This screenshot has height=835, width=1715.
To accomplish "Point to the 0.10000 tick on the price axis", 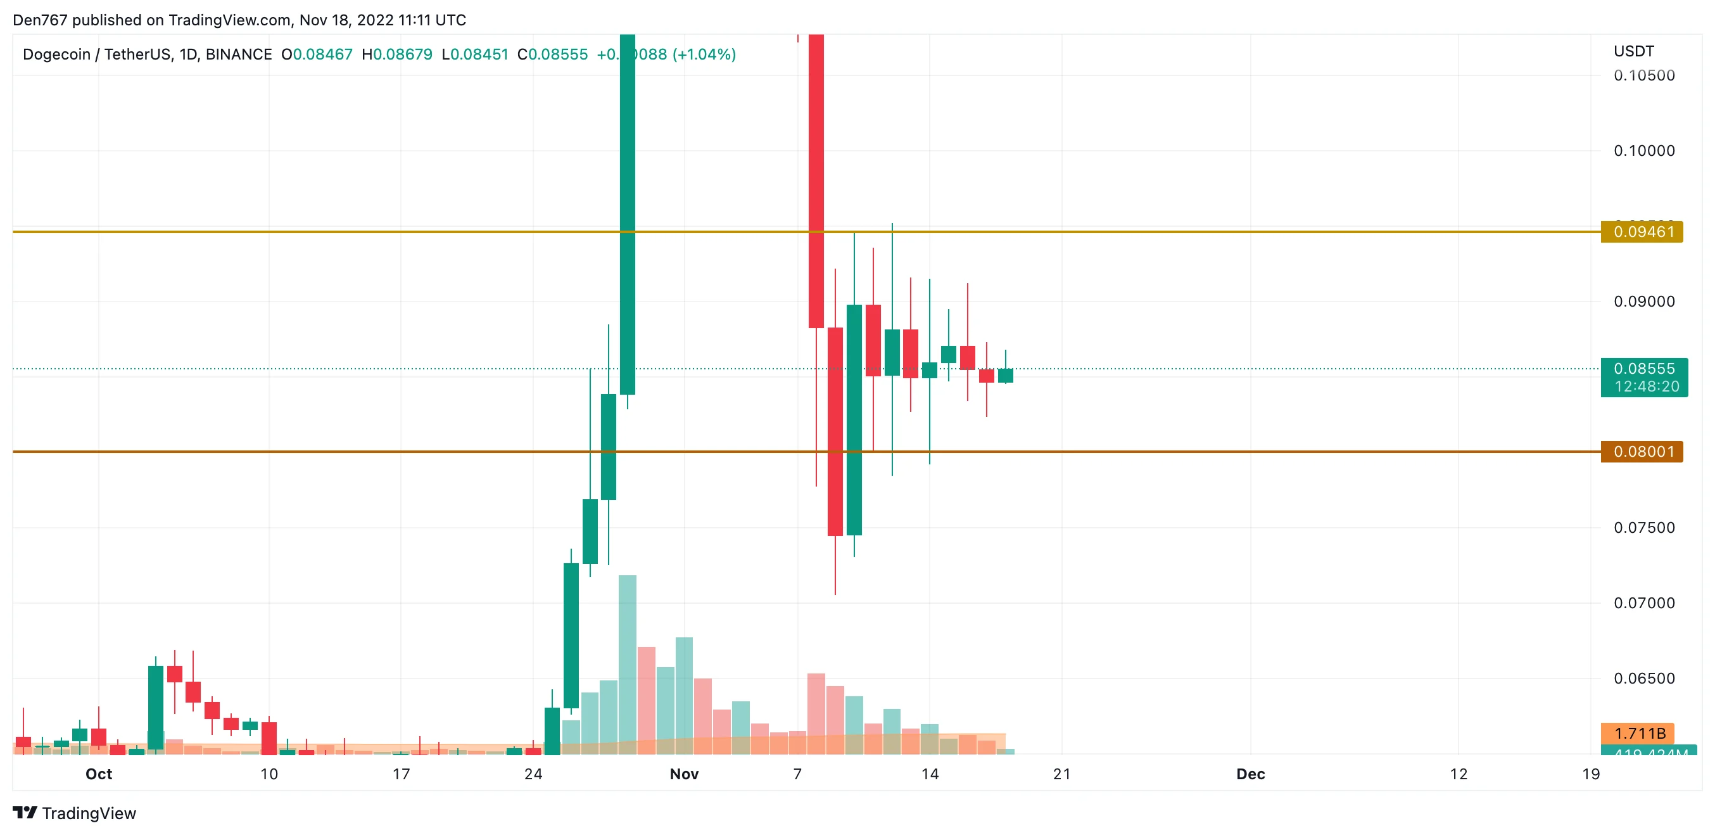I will pyautogui.click(x=1644, y=151).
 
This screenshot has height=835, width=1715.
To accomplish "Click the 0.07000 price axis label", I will pyautogui.click(x=1644, y=603).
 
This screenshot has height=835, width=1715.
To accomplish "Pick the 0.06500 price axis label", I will pyautogui.click(x=1644, y=679).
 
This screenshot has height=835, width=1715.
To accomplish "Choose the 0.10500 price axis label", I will pyautogui.click(x=1644, y=75).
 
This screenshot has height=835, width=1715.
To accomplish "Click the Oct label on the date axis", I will pyautogui.click(x=99, y=774).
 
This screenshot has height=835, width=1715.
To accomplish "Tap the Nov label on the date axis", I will pyautogui.click(x=684, y=774).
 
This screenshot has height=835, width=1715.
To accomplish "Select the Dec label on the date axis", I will pyautogui.click(x=1250, y=774).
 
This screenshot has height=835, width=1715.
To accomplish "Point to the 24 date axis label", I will pyautogui.click(x=533, y=774).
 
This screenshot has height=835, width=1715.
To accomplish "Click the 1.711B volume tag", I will pyautogui.click(x=1639, y=733).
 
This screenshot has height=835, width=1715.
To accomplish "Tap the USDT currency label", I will pyautogui.click(x=1633, y=51).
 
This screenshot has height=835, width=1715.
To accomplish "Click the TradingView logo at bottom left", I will pyautogui.click(x=75, y=813).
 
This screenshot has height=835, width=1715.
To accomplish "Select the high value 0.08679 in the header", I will pyautogui.click(x=402, y=54).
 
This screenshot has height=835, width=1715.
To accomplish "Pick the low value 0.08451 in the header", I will pyautogui.click(x=479, y=54).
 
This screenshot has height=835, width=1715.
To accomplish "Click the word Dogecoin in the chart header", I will pyautogui.click(x=56, y=54).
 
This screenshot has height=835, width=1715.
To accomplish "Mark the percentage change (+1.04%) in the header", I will pyautogui.click(x=704, y=54).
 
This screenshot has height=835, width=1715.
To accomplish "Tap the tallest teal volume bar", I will pyautogui.click(x=627, y=666).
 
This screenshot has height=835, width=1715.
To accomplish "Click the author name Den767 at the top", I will pyautogui.click(x=40, y=20).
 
